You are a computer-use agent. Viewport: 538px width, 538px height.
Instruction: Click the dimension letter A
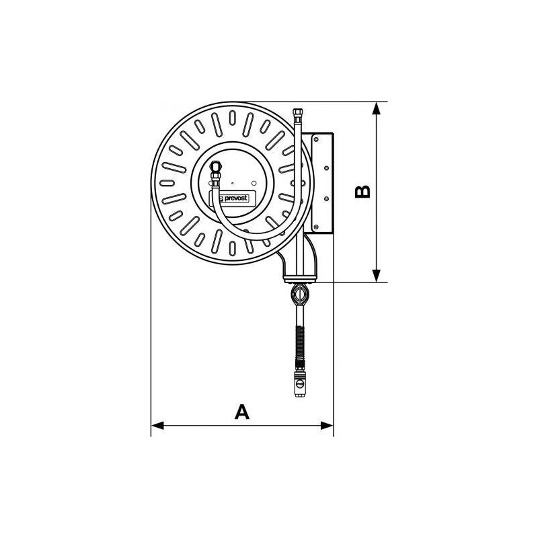[241, 412]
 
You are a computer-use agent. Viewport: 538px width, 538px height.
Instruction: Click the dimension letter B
[362, 192]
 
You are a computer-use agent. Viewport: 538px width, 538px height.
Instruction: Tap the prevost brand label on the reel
[230, 199]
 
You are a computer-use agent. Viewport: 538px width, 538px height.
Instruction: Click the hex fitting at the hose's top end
[298, 111]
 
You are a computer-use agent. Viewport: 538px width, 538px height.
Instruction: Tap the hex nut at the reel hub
[216, 166]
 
